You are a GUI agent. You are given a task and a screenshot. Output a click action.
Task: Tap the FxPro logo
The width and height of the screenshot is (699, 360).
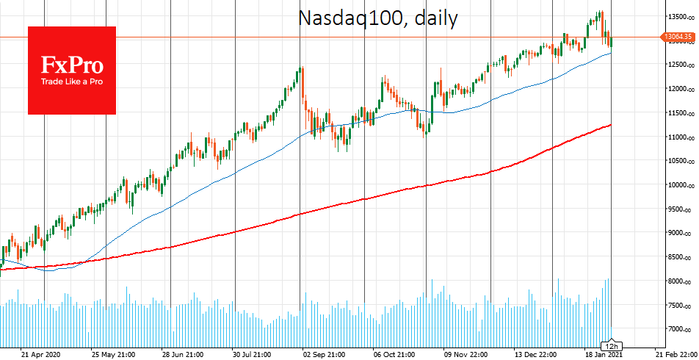point(72,70)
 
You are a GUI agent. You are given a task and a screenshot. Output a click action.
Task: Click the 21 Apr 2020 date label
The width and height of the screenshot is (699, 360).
point(40,353)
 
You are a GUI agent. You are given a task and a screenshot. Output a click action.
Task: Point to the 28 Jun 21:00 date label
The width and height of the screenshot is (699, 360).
point(182,353)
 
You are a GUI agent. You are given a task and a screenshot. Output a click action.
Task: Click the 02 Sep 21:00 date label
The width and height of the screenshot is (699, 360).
point(323,353)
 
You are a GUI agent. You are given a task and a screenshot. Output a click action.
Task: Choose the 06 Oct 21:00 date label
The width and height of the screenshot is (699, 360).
point(394,353)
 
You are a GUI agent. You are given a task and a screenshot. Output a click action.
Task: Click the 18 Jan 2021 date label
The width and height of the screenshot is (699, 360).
point(605,353)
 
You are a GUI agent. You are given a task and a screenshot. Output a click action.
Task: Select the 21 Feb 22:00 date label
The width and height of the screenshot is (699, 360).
point(676,353)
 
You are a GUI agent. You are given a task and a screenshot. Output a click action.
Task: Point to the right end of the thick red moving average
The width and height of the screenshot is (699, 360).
point(611,126)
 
